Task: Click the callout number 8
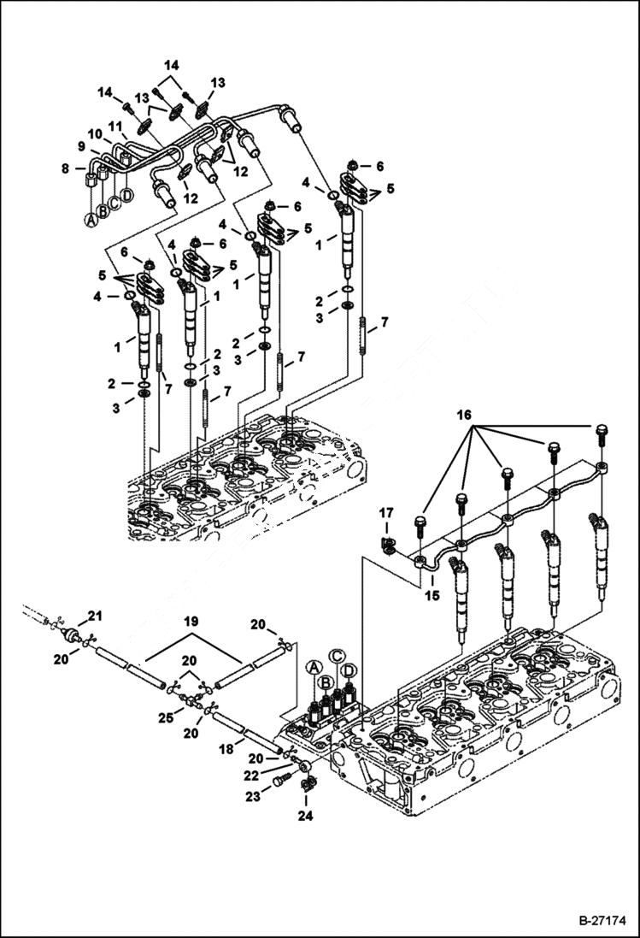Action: click(65, 169)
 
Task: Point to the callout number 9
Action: click(82, 146)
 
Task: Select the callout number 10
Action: click(93, 134)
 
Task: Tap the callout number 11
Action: click(113, 126)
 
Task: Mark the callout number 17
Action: click(386, 513)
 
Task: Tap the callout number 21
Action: click(95, 616)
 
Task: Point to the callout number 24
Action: click(306, 817)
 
